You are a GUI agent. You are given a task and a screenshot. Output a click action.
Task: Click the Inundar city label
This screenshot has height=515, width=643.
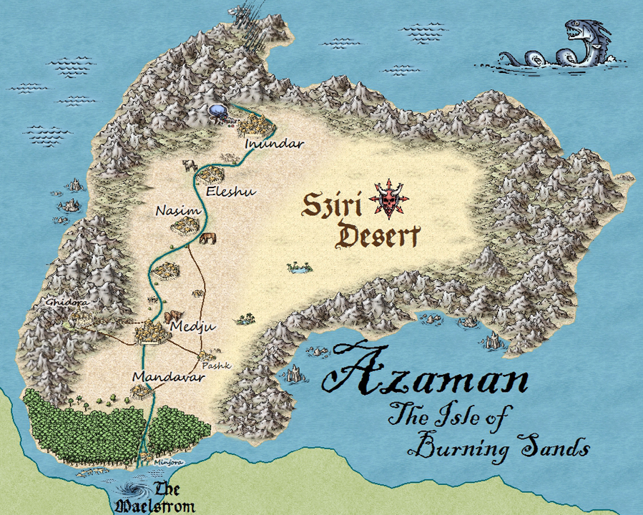tap(275, 144)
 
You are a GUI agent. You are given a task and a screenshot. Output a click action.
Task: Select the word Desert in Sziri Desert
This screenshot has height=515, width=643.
tap(379, 236)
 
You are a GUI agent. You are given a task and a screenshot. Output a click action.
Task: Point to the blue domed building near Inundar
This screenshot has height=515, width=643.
tap(217, 111)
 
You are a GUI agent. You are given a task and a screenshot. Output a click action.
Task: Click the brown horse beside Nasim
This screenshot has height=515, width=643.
tap(208, 238)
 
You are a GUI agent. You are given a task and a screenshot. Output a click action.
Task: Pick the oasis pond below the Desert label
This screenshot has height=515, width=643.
tap(299, 268)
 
